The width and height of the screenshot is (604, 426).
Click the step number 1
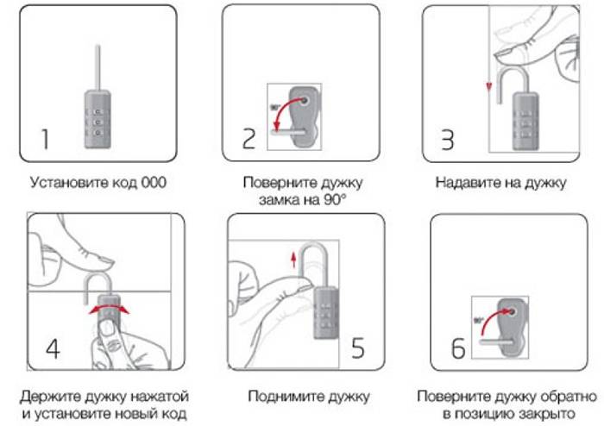tap(46, 140)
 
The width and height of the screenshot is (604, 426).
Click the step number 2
tap(249, 140)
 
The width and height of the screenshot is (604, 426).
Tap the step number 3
tap(447, 140)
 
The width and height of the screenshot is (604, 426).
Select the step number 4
tap(53, 350)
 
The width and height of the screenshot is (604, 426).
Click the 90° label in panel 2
tap(276, 107)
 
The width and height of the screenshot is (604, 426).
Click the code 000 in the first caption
tap(150, 183)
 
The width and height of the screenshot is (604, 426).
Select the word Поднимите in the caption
tap(280, 397)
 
